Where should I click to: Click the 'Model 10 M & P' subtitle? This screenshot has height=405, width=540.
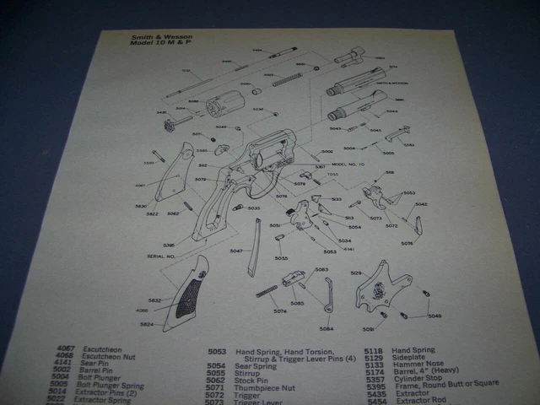pyautogui.click(x=155, y=44)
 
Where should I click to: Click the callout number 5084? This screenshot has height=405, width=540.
pyautogui.click(x=326, y=328)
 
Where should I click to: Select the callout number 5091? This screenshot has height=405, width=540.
pyautogui.click(x=369, y=329)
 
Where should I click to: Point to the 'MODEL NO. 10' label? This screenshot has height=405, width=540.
pyautogui.click(x=348, y=164)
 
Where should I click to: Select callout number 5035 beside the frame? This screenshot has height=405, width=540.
pyautogui.click(x=253, y=208)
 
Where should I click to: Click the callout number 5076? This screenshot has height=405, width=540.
pyautogui.click(x=407, y=243)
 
